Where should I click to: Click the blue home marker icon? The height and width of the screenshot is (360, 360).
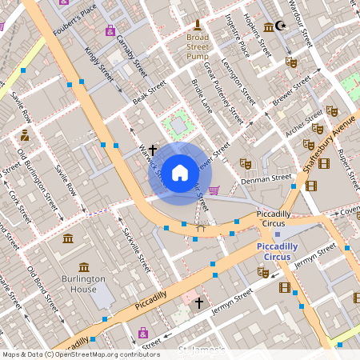(x=180, y=172)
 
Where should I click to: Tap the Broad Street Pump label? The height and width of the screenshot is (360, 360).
(x=198, y=46)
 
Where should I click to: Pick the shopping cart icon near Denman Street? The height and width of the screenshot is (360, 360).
(x=214, y=190)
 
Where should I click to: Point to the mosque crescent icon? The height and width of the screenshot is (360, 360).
(x=280, y=26)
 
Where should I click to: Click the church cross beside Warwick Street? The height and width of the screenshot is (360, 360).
(x=152, y=149)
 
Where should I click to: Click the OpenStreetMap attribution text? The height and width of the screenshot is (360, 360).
(x=80, y=354)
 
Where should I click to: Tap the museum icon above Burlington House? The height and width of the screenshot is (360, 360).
(x=69, y=239)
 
